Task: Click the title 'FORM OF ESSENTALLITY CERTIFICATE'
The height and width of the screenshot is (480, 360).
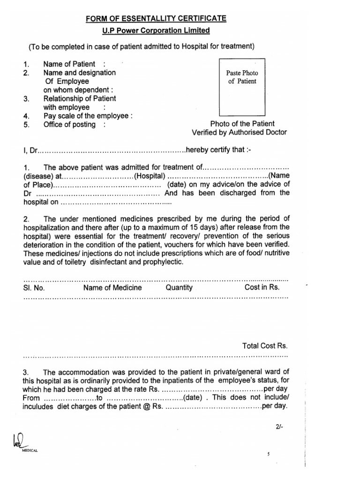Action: pos(156,19)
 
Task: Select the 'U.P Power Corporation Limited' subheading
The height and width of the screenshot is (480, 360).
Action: pos(157,30)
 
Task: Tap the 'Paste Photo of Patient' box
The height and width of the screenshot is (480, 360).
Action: pos(242,87)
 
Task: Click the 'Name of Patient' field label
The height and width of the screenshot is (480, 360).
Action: pos(69,64)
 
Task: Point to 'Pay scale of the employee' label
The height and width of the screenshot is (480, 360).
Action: pos(87,116)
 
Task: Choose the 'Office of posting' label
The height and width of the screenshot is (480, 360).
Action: pos(69,124)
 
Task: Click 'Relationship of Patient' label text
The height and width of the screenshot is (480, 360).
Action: pos(80,98)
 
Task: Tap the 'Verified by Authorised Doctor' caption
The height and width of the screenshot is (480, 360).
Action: pos(242,133)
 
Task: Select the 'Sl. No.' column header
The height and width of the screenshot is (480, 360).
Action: pos(34,287)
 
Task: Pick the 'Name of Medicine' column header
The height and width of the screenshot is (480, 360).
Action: pos(112,287)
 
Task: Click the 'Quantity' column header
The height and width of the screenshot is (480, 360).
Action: pos(179,287)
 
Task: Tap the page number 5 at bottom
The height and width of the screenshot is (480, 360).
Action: pos(269,454)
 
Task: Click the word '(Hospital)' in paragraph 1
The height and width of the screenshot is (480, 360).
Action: pos(150,176)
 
